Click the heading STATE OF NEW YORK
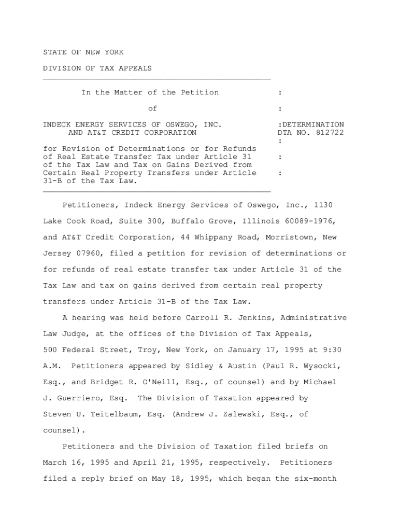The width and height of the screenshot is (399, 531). [x=83, y=52]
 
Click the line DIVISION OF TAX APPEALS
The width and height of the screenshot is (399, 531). [x=97, y=68]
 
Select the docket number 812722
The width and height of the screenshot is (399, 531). [x=329, y=133]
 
